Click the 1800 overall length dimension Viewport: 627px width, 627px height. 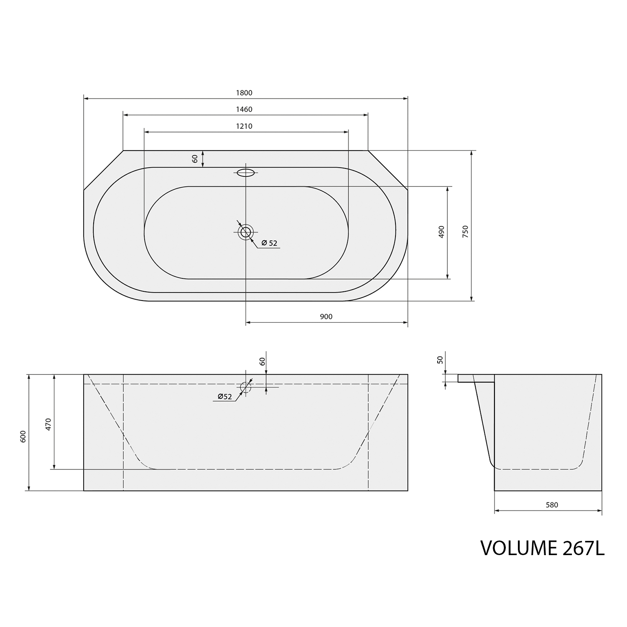244,93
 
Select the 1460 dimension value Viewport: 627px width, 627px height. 244,110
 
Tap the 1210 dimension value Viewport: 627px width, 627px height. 244,126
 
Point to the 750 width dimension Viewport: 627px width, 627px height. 466,232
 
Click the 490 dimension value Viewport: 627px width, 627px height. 441,232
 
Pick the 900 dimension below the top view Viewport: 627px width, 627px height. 326,317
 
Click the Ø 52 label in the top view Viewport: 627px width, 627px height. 269,243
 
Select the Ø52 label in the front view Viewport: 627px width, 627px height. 224,397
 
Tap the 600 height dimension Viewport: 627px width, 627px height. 23,436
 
